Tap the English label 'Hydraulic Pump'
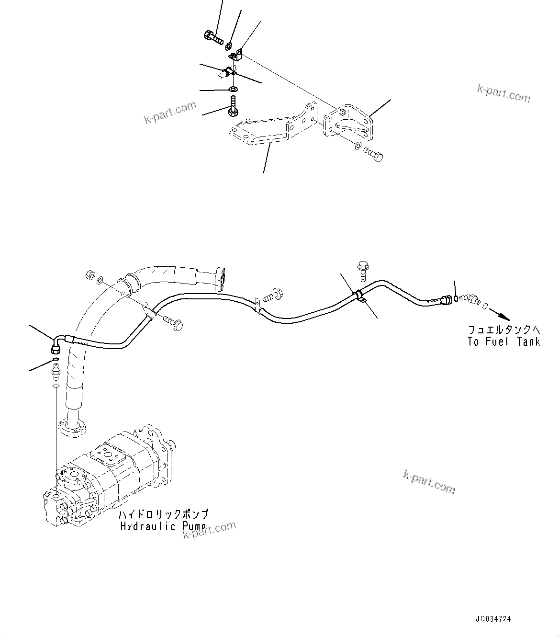163,526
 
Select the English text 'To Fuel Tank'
504,341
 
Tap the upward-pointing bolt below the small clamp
233,105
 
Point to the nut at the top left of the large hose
89,276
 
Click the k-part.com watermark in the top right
503,93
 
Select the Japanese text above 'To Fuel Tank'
504,330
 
